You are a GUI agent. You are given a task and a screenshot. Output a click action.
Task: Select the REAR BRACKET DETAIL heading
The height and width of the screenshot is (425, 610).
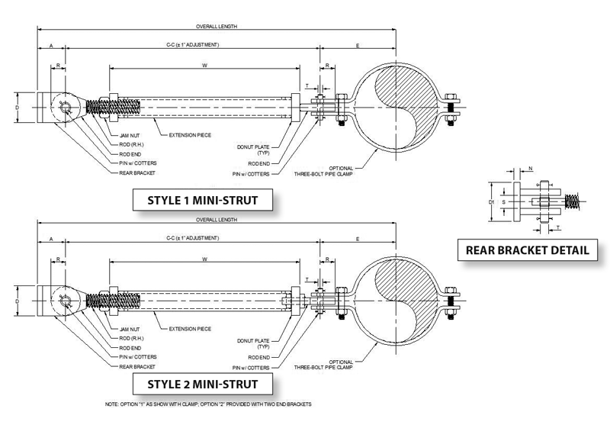[528, 250]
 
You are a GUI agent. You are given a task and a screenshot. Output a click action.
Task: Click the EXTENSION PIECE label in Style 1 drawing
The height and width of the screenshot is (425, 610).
[189, 134]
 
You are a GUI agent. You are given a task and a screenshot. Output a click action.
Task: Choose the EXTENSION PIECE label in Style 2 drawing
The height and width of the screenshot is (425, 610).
[189, 329]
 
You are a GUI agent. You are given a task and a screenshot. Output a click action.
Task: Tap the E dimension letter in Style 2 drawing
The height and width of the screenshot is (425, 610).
[357, 241]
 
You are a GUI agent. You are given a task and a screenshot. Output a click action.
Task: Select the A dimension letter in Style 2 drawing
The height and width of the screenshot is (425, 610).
[51, 241]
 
